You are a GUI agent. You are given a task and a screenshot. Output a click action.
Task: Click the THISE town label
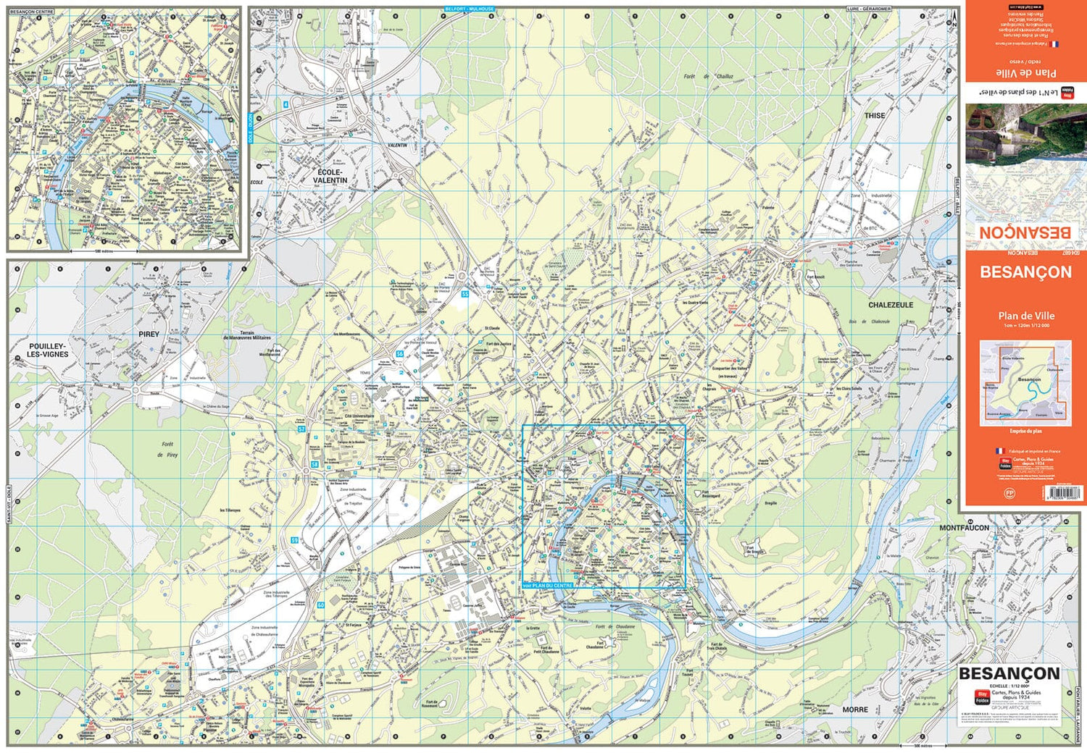coord(874,116)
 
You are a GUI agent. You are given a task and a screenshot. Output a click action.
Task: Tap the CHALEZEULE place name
coord(891,306)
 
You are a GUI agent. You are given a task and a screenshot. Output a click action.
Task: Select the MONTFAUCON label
coord(964,528)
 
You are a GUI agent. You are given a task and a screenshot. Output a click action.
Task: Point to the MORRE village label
coord(855,710)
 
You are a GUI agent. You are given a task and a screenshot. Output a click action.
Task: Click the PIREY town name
coord(149,335)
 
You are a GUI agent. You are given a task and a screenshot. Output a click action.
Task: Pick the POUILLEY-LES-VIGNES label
coord(48,350)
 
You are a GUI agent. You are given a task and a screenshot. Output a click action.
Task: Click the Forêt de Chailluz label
coord(708,76)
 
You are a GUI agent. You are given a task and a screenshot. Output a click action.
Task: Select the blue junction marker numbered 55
coord(465,295)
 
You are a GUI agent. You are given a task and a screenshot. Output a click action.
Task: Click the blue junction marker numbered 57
coord(301,429)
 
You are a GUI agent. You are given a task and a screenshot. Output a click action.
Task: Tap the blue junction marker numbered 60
coord(320,605)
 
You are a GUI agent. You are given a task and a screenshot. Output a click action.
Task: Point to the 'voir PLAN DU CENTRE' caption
coord(548,585)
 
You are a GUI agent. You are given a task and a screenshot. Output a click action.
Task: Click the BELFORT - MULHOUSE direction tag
coord(469,9)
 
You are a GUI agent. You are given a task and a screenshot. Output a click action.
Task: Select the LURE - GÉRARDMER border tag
coord(868,9)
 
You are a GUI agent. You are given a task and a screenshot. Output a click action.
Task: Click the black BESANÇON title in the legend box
coord(1009,674)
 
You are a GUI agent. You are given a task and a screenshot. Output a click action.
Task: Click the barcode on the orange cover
coord(1062,493)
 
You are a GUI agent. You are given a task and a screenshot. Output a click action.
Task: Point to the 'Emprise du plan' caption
coord(1025,431)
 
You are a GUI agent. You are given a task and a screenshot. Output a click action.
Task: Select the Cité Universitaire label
coord(354,416)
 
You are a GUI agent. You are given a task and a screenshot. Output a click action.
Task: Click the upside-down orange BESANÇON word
coord(1025,232)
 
